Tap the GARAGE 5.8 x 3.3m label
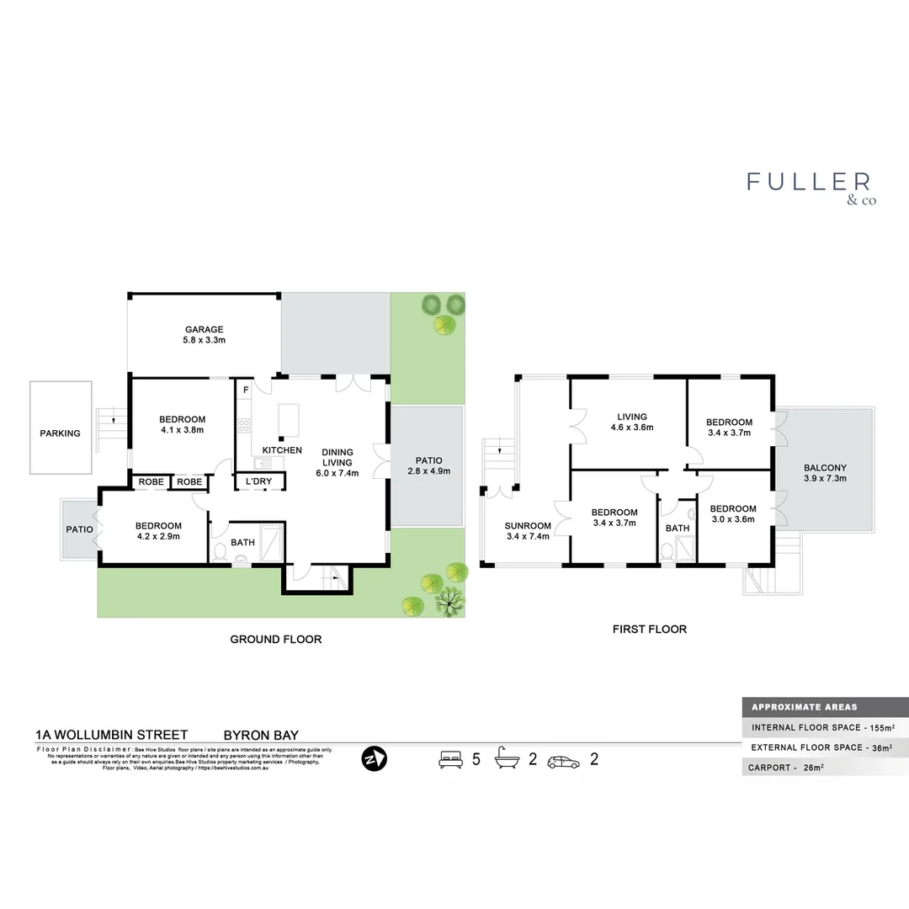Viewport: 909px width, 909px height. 205,335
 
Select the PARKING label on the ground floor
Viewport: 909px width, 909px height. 60,433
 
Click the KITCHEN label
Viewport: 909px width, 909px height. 282,450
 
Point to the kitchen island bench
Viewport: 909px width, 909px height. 289,420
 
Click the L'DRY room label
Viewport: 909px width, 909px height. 258,481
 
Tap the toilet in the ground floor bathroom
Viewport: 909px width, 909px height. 220,551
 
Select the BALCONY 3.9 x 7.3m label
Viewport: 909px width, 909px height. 825,472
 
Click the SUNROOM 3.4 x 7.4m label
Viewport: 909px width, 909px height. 527,529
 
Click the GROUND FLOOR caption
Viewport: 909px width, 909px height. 276,640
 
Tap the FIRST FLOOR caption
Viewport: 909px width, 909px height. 649,629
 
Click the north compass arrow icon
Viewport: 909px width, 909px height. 374,758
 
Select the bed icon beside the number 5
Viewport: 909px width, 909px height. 451,760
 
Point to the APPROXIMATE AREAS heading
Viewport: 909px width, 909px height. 805,707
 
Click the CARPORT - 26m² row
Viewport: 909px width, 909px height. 784,767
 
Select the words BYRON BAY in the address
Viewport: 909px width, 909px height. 260,735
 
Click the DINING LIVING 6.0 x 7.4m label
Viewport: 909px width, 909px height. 338,462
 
